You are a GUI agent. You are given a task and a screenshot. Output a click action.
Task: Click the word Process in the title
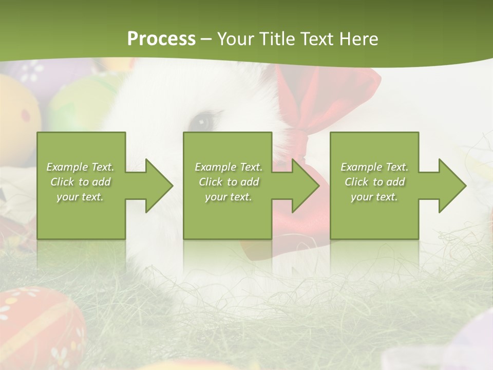(161, 39)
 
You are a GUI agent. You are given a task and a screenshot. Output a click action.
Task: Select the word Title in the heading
(276, 39)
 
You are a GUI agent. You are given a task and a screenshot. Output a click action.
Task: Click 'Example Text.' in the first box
(81, 167)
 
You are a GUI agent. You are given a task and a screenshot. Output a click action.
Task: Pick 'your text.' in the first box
(81, 197)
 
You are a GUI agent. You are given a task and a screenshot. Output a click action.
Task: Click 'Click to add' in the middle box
(229, 182)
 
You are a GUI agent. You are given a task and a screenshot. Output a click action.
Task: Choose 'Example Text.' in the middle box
(229, 167)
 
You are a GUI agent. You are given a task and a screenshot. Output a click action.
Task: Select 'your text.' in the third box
(374, 197)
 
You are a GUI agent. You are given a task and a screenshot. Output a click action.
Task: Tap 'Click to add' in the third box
(374, 182)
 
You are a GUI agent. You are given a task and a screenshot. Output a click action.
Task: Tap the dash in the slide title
(206, 40)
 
